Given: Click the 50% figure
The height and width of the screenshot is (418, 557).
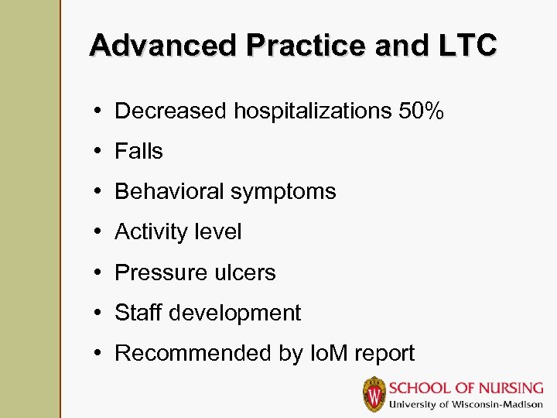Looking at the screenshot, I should (422, 111).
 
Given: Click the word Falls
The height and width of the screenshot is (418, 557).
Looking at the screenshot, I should (138, 151).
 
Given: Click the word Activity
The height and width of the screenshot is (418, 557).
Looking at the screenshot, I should (150, 231).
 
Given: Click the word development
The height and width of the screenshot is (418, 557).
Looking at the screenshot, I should (235, 313).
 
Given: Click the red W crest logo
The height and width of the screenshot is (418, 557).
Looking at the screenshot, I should (374, 394).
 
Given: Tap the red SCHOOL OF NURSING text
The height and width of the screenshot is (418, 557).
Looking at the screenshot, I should (466, 388).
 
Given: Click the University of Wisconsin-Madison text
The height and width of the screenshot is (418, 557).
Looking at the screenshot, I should (466, 404).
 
